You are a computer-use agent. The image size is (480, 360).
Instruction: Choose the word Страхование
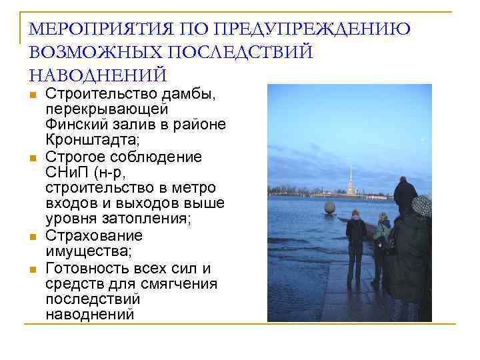coord(94,235)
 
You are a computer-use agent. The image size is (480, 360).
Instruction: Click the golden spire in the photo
coord(349,177)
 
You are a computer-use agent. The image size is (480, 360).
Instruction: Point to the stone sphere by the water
coord(329,208)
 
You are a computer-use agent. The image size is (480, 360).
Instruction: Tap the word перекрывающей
coord(107,108)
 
